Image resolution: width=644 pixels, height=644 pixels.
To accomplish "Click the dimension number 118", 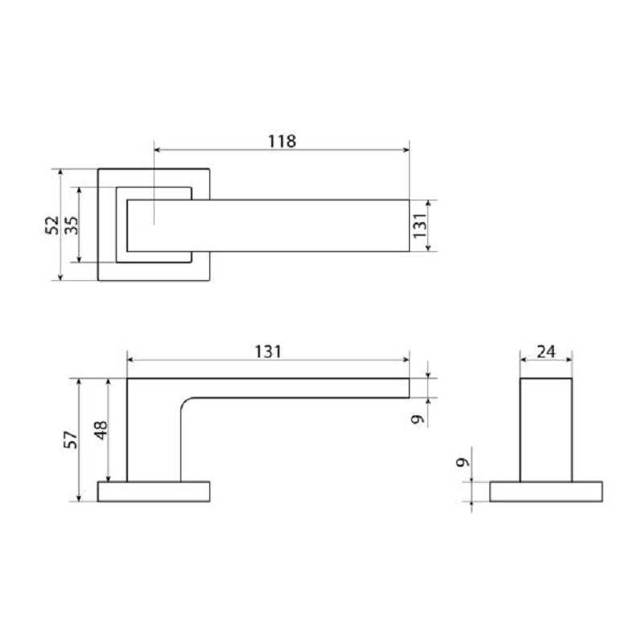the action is click(x=282, y=142).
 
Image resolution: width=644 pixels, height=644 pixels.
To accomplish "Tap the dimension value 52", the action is click(x=52, y=225).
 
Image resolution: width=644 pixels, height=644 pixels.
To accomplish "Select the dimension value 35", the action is click(x=71, y=225).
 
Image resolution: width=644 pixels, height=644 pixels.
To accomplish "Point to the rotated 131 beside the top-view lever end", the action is click(x=419, y=225).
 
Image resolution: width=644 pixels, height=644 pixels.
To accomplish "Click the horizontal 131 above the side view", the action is click(x=268, y=352).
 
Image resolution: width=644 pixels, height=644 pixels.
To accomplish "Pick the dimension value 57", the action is click(x=71, y=440).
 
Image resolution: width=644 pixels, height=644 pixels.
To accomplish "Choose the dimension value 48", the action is click(x=101, y=430).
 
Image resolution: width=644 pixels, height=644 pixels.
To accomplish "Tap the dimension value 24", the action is click(x=546, y=352).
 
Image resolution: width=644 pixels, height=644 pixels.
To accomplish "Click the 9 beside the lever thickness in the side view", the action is click(x=418, y=419).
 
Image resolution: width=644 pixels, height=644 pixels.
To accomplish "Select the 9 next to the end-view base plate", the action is click(x=463, y=462).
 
